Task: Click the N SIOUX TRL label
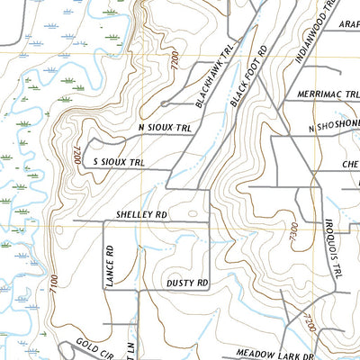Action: [166, 129]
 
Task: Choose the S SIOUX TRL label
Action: [119, 162]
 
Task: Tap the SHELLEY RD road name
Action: [142, 216]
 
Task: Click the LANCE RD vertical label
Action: [107, 266]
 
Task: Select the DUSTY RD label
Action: [187, 283]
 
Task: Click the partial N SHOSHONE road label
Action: [334, 128]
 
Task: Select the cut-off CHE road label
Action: [350, 164]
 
